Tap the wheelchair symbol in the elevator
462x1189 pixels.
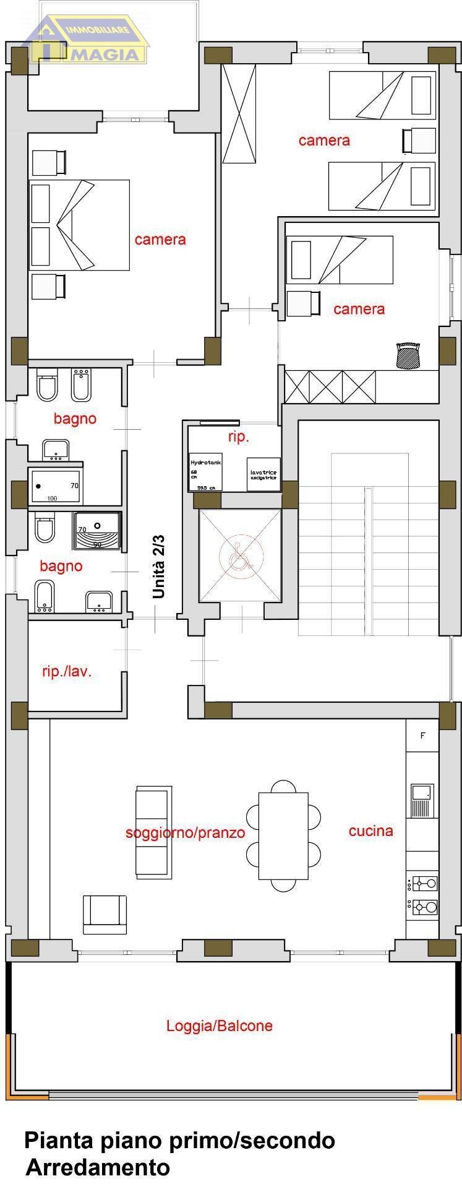(x=239, y=555)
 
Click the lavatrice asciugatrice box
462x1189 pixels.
(x=263, y=474)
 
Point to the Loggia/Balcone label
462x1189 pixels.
(x=219, y=1025)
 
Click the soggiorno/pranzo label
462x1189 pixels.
(x=185, y=832)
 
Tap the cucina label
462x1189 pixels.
(x=370, y=830)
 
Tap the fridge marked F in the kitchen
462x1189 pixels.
(x=422, y=736)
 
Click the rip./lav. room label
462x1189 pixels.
(x=67, y=671)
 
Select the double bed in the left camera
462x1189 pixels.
(x=79, y=225)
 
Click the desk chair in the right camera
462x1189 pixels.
(x=408, y=357)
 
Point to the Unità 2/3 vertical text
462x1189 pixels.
(x=160, y=568)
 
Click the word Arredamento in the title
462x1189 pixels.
(x=98, y=1167)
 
